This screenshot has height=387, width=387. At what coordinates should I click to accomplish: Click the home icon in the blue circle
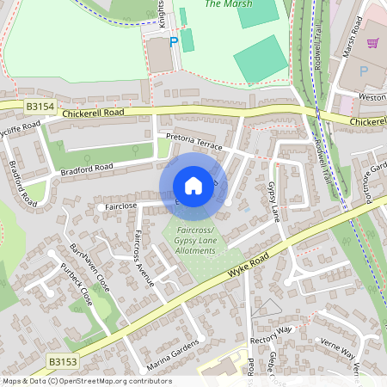pyautogui.click(x=193, y=186)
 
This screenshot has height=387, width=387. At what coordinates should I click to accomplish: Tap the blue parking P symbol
pyautogui.click(x=173, y=41)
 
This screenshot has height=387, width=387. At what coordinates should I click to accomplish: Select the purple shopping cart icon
pyautogui.click(x=373, y=43)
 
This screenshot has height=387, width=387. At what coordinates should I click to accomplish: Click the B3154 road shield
pyautogui.click(x=40, y=107)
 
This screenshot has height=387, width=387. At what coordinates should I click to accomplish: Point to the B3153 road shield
pyautogui.click(x=62, y=363)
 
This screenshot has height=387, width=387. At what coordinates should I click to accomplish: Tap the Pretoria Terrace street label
pyautogui.click(x=193, y=142)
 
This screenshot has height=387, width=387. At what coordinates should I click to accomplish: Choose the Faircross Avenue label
pyautogui.click(x=144, y=257)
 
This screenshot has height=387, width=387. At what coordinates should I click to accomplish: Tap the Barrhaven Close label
pyautogui.click(x=89, y=267)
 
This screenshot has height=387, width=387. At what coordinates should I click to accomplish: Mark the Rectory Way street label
pyautogui.click(x=272, y=329)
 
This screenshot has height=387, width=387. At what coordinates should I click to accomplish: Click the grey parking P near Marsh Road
pyautogui.click(x=363, y=71)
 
